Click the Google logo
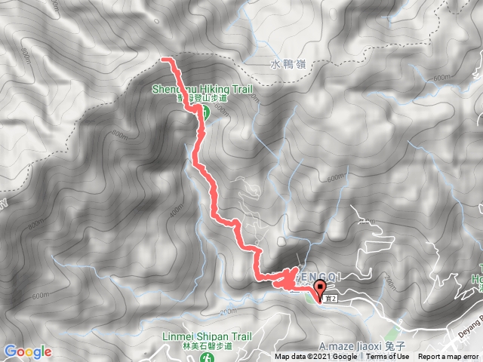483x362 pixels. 27,351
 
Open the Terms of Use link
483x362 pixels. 387,357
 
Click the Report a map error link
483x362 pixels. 450,357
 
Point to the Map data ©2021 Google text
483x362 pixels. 315,357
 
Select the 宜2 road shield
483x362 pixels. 329,299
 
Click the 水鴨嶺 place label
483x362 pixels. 285,64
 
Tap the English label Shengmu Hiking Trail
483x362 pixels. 201,88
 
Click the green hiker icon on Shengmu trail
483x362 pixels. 204,113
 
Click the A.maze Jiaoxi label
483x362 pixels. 354,337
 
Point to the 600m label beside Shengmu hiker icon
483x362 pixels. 220,109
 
